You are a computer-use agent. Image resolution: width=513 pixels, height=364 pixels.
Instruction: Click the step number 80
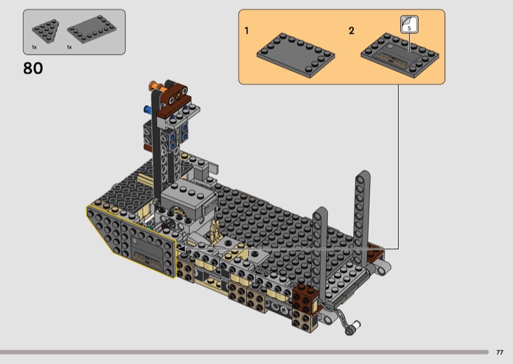click(x=33, y=69)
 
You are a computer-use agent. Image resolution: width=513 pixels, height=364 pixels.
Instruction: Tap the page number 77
click(x=500, y=352)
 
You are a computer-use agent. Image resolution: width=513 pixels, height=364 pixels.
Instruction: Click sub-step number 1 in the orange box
click(x=247, y=31)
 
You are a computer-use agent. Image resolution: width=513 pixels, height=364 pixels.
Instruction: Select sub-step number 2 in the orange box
click(x=351, y=31)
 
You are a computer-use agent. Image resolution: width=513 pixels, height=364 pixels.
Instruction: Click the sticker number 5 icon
click(x=409, y=24)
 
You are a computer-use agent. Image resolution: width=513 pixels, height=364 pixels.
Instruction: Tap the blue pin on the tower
click(x=147, y=109)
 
